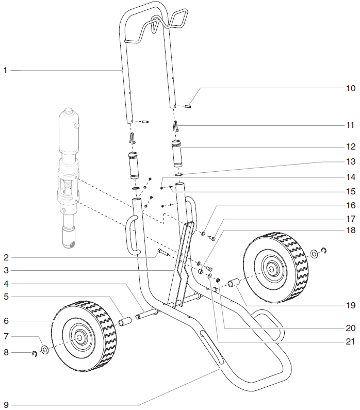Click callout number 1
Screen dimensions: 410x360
click(5, 70)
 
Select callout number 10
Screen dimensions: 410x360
click(351, 88)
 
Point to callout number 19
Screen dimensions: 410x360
click(351, 305)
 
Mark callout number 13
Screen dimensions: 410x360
click(351, 161)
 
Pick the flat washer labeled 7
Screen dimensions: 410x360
click(44, 350)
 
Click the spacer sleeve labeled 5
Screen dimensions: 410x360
click(126, 323)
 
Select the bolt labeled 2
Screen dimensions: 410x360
click(165, 253)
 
